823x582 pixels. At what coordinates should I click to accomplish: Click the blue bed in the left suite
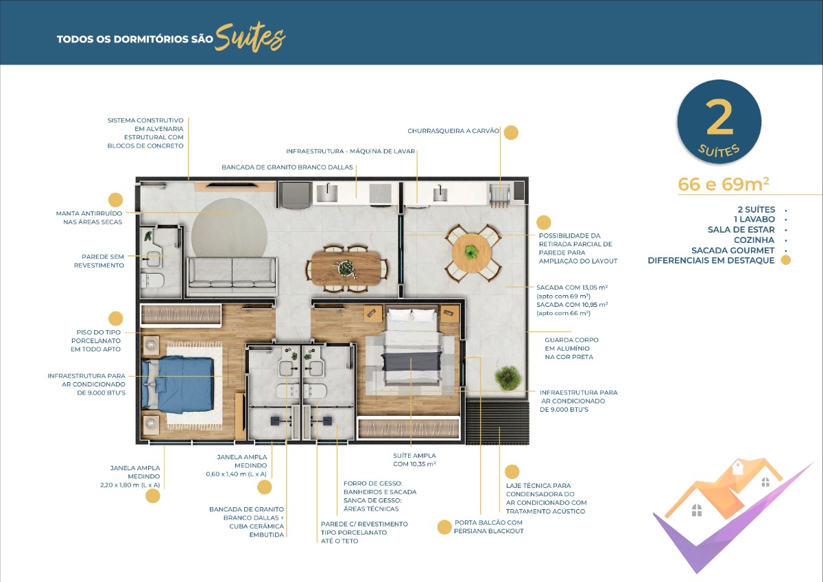point(178,385)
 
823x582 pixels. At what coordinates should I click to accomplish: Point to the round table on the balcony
point(471,253)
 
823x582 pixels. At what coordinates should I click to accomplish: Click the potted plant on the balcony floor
point(508,377)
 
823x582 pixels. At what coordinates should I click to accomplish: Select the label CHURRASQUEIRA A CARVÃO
point(453,131)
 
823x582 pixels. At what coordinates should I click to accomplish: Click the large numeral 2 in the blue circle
point(719,117)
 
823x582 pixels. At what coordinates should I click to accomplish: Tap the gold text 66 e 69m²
point(723,185)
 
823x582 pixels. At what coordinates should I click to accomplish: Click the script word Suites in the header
point(250,38)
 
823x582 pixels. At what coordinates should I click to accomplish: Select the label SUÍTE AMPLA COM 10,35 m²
point(414,460)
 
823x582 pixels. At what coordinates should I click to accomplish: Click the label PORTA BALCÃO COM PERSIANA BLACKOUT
point(488,527)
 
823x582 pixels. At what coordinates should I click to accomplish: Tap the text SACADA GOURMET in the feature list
point(733,251)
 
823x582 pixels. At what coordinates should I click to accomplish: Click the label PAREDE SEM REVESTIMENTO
point(99,261)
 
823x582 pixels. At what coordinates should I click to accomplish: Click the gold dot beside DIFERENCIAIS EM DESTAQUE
point(785,260)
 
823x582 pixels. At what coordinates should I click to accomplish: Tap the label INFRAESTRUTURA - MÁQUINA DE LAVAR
point(350,151)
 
